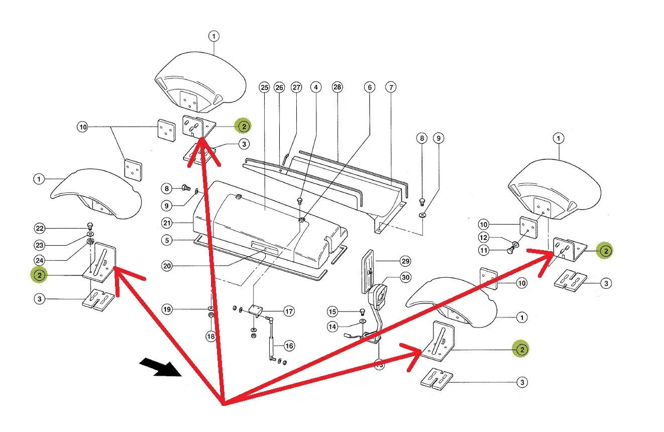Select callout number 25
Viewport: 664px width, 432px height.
265,87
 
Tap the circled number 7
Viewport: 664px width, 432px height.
391,87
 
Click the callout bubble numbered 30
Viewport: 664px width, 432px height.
405,277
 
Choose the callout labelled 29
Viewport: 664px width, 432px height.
405,261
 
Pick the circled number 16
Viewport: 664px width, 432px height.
289,346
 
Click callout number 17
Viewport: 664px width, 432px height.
289,311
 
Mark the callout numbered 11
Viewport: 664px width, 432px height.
484,250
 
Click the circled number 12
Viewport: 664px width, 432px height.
484,237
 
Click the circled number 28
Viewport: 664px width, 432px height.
337,87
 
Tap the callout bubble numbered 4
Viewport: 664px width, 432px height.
316,87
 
